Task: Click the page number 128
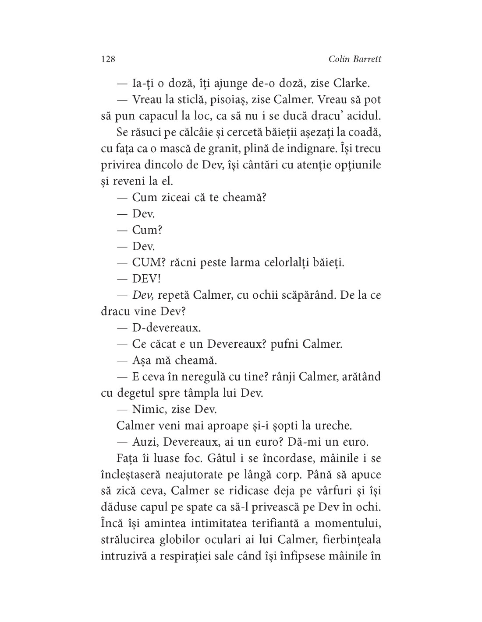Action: (108, 59)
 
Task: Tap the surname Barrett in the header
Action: (365, 59)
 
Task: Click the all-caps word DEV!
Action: (146, 279)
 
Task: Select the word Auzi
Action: (145, 441)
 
